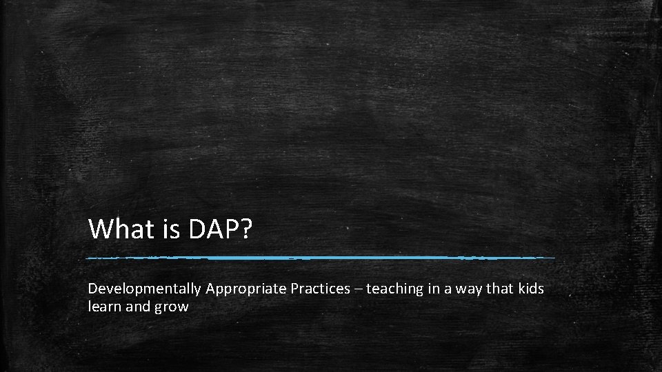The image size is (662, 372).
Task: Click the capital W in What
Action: click(x=102, y=229)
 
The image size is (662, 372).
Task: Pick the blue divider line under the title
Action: click(x=321, y=258)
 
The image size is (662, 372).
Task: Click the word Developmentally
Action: click(x=144, y=289)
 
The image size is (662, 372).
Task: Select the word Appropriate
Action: click(x=245, y=289)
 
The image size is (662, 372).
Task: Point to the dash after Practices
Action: click(x=358, y=289)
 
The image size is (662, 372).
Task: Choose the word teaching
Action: click(x=394, y=289)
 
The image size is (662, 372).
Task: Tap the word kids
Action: click(x=531, y=289)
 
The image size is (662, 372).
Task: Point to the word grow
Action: click(x=172, y=307)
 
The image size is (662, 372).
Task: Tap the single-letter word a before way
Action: click(x=449, y=289)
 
